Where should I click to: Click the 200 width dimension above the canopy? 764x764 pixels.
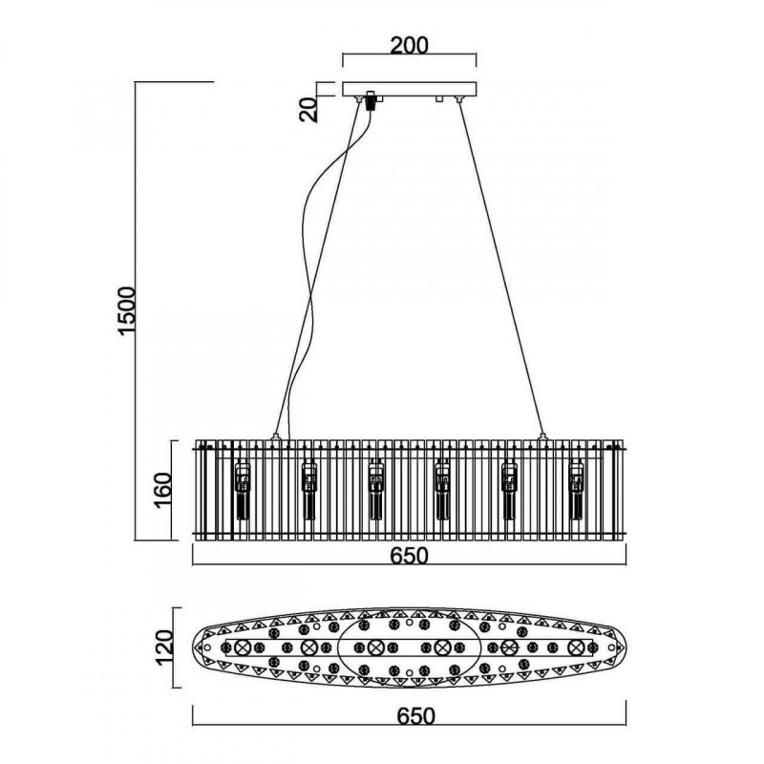pos(408,45)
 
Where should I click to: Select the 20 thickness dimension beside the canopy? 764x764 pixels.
pos(308,109)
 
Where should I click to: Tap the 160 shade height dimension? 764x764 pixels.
pos(162,491)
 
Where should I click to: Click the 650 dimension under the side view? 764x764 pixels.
pos(408,556)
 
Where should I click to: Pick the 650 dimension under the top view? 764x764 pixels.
pos(408,715)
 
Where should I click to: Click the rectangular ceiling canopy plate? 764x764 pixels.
pos(408,91)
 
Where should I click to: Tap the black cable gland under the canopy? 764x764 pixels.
pos(370,100)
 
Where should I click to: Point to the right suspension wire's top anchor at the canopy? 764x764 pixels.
pos(463,100)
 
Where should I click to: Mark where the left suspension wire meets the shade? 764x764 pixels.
pos(277,437)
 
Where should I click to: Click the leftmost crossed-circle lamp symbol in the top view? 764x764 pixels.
pos(243,647)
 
